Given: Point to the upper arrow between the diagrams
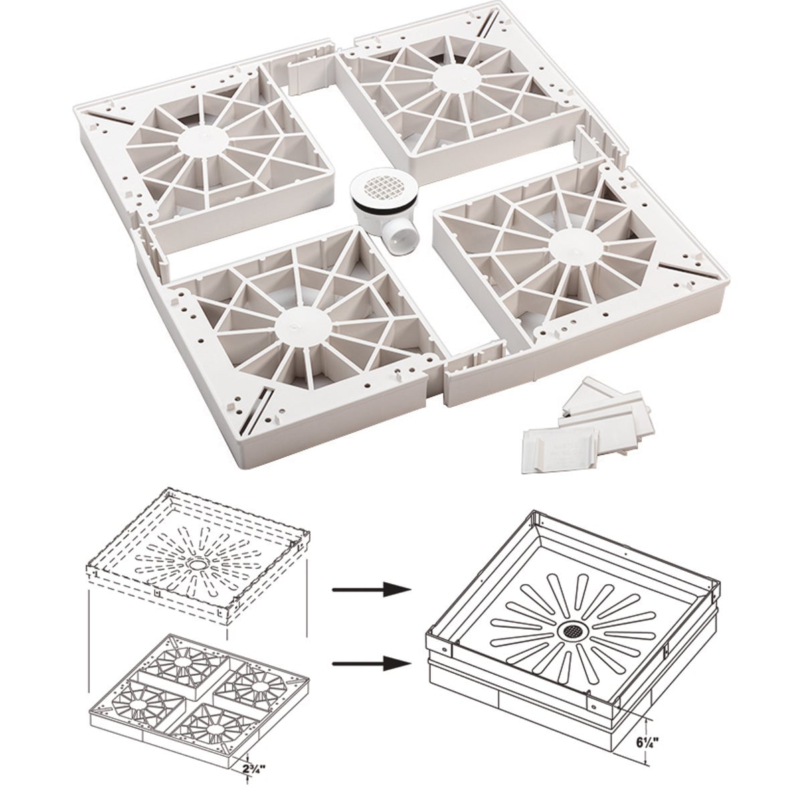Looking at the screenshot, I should [371, 590].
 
